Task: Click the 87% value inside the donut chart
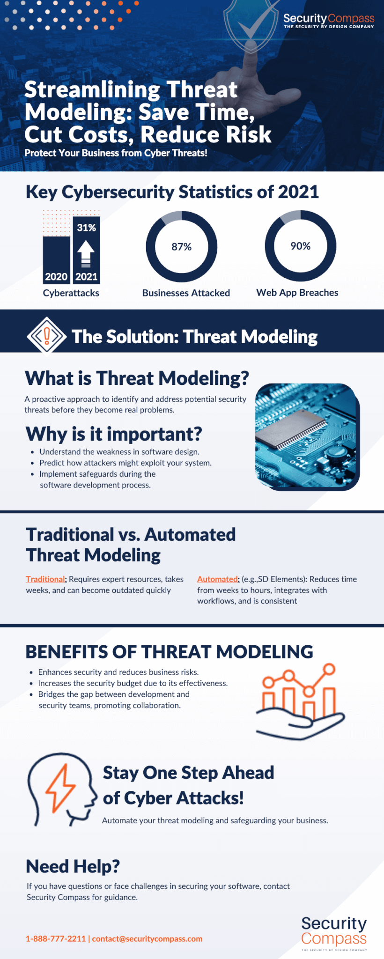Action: [x=182, y=247]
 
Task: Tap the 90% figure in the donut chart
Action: [x=301, y=246]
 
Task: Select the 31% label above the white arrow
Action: [x=87, y=228]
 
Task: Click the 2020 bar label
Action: [x=56, y=277]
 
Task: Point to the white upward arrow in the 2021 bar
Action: [x=86, y=253]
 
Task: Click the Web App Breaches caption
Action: [x=297, y=293]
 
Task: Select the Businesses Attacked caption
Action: [x=186, y=293]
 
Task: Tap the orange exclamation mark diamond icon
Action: [x=46, y=336]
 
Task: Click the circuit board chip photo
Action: [x=307, y=436]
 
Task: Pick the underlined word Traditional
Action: [x=45, y=579]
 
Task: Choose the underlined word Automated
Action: [x=217, y=579]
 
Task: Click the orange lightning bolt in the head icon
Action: [x=60, y=789]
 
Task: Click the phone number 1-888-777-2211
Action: [x=56, y=938]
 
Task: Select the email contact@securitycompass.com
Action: [x=147, y=938]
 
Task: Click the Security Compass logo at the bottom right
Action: [x=334, y=933]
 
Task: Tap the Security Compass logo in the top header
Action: [x=329, y=21]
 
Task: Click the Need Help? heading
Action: [x=73, y=866]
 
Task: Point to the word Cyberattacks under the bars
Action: [x=71, y=293]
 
